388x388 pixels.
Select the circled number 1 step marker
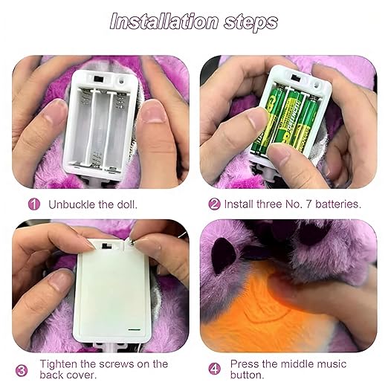click(x=33, y=203)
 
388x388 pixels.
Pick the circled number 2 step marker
click(x=215, y=203)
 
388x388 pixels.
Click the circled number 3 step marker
click(x=22, y=369)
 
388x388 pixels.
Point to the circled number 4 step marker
click(x=215, y=369)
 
